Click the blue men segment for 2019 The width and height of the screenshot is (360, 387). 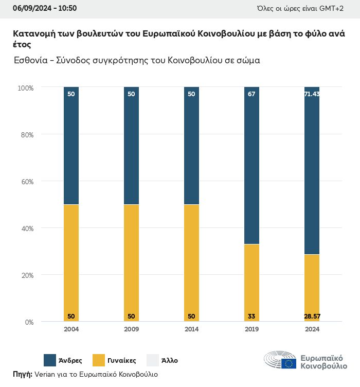[251, 165]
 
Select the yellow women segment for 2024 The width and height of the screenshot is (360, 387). [312, 288]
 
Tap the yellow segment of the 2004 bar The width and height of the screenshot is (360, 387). [71, 263]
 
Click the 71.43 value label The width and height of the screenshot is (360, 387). [312, 94]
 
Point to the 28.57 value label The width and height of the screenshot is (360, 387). [312, 316]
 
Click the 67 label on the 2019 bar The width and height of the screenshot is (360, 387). [251, 94]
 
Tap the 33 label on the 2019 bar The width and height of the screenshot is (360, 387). [251, 316]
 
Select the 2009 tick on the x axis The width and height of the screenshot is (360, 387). [131, 329]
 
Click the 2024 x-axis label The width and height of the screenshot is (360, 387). [312, 329]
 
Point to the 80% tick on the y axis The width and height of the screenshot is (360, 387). [26, 135]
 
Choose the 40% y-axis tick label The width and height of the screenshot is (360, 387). [26, 228]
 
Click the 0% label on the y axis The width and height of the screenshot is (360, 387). [29, 322]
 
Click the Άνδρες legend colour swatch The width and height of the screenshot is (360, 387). [50, 360]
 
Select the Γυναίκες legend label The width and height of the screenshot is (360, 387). [121, 361]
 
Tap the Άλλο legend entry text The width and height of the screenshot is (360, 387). [169, 361]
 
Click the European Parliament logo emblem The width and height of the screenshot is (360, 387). [280, 361]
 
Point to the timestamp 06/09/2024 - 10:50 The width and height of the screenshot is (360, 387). [45, 8]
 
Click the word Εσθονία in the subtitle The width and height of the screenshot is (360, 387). [31, 60]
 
